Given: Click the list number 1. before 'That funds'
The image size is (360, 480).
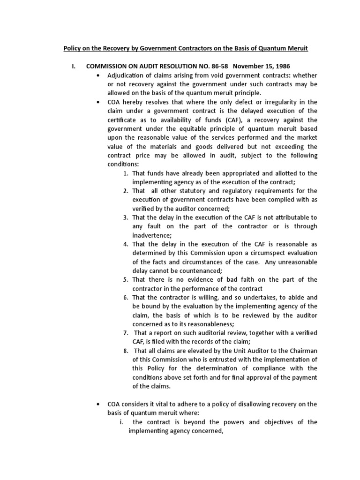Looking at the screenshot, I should pos(126,173).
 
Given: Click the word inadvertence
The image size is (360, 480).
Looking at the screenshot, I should pos(152,235).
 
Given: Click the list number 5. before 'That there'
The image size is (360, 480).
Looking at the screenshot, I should pos(126,279).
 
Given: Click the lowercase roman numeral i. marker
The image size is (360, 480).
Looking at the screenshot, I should pos(121,421).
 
